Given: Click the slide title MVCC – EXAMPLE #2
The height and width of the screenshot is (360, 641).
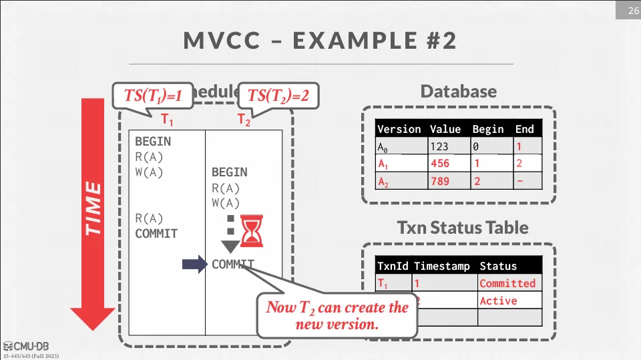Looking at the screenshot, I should (x=320, y=41).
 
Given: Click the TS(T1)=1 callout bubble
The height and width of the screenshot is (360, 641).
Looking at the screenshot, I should (x=153, y=96).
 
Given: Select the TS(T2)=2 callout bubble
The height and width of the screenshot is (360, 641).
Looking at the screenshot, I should (x=278, y=96).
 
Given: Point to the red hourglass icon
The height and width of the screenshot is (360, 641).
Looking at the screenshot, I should (x=252, y=230).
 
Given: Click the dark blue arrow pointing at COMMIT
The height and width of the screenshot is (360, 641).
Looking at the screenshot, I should (x=194, y=264).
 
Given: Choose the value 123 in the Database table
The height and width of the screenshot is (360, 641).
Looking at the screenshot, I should (x=439, y=146).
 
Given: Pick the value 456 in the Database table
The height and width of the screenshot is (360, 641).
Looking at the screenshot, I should (x=440, y=164).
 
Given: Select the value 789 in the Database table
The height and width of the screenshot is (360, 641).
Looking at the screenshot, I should (x=440, y=181).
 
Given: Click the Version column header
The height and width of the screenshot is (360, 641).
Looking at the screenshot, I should (x=399, y=129).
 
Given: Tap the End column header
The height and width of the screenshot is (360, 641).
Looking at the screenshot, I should (x=524, y=129).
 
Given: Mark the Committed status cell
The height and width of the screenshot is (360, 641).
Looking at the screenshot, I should (x=507, y=283).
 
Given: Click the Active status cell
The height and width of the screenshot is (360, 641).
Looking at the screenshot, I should (x=498, y=301).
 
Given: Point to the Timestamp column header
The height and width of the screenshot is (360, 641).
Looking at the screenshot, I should (x=441, y=266).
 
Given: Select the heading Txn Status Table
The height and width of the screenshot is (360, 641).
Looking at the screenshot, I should (x=463, y=228).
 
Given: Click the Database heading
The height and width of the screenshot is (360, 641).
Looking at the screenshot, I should (x=458, y=92).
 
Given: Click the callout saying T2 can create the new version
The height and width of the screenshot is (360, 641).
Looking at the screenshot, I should (x=337, y=316).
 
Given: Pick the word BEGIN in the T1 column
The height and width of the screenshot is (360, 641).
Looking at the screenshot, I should (x=153, y=142).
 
